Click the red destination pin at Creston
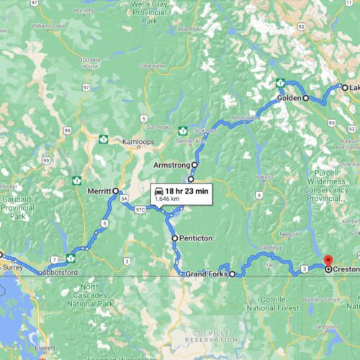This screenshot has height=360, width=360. point(328,260)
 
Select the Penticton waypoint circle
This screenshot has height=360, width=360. point(174,238)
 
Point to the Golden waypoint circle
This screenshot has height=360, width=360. point(305,97)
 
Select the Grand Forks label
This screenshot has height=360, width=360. point(207,274)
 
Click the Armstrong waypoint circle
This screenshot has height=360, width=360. point(194,165)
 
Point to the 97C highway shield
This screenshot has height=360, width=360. point(141,210)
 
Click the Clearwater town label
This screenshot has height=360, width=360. point(153,66)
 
